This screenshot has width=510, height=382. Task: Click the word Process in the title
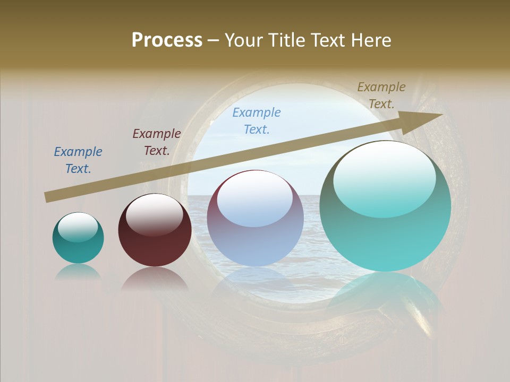167,40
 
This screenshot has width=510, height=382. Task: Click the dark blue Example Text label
78,160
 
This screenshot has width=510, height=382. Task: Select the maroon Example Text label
157,142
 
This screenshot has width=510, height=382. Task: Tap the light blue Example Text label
257,120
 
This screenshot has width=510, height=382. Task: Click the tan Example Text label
381,95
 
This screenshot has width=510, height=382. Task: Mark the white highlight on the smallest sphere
78,228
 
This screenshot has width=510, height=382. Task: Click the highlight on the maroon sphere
154,213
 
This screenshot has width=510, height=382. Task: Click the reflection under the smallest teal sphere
78,272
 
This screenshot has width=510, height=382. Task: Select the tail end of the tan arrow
49,197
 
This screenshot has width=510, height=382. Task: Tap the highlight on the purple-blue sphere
254,198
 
